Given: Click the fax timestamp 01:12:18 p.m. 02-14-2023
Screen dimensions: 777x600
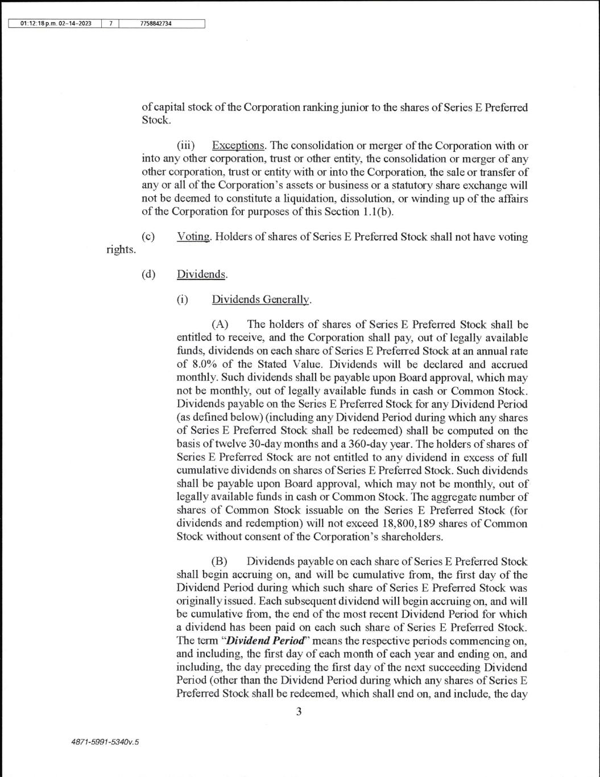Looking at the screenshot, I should (x=56, y=24).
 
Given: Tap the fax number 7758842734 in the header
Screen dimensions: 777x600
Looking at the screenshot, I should (x=155, y=24).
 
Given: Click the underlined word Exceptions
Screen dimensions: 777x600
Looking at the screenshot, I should (x=238, y=145).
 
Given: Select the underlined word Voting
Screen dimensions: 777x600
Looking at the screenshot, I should (x=193, y=237).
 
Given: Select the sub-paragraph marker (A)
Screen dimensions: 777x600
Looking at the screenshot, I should (x=220, y=324).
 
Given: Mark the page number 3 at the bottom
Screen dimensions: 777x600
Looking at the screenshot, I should (x=299, y=711).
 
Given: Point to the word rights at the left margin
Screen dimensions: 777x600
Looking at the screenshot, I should (x=121, y=249).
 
